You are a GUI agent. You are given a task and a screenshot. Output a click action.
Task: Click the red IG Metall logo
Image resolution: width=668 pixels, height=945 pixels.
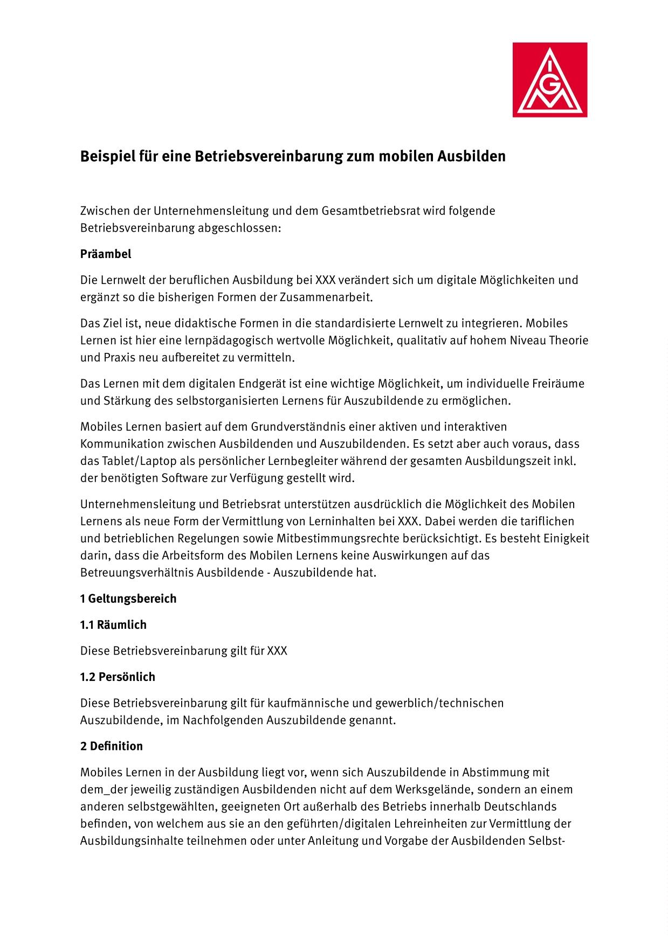[549, 80]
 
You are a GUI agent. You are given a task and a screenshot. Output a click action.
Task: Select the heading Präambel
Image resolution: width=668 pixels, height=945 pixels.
[106, 254]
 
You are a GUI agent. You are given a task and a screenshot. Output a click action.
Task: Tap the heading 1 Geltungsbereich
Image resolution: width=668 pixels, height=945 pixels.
[128, 599]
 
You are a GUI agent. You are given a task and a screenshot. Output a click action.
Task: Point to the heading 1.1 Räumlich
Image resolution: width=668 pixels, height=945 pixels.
[113, 625]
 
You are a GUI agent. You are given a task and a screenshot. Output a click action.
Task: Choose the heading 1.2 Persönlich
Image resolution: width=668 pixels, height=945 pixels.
[118, 677]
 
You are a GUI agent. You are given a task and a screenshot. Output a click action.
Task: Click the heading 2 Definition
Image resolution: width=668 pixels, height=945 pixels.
[112, 746]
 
